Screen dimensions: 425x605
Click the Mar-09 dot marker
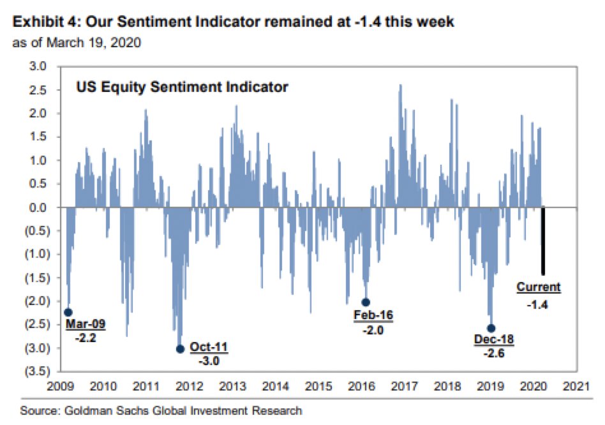pos(68,312)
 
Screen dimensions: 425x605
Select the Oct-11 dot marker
pos(180,348)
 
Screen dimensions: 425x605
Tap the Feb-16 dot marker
pos(366,302)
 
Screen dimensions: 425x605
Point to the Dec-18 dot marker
pos(491,328)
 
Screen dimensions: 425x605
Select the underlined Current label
pos(538,287)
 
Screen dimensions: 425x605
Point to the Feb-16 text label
pos(373,315)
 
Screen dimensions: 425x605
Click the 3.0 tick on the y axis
pos(39,66)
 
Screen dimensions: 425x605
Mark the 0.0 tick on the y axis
pos(39,207)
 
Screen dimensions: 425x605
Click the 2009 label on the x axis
pos(59,386)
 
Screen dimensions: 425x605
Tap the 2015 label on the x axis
pos(318,386)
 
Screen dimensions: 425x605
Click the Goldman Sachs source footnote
pos(161,410)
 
